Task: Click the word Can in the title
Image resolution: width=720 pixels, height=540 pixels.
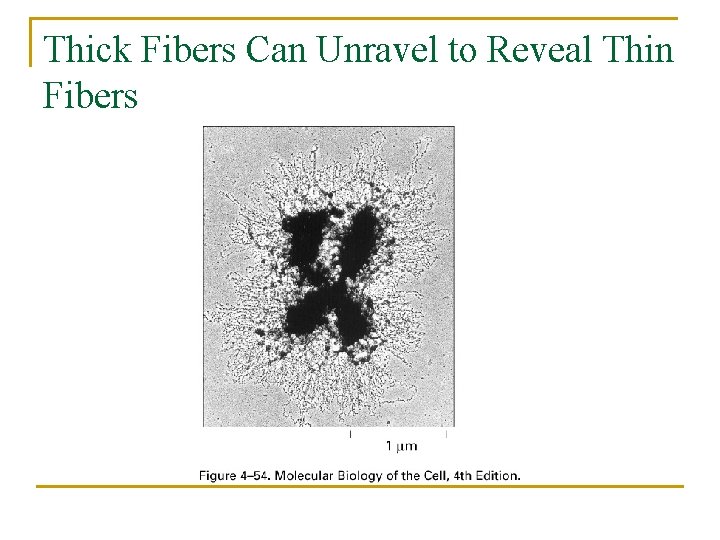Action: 273,49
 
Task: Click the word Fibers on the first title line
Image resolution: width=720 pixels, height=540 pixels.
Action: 185,49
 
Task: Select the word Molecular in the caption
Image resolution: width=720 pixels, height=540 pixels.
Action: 306,475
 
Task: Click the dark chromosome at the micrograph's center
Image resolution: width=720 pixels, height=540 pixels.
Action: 329,275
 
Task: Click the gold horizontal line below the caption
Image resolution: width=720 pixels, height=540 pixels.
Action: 360,487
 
